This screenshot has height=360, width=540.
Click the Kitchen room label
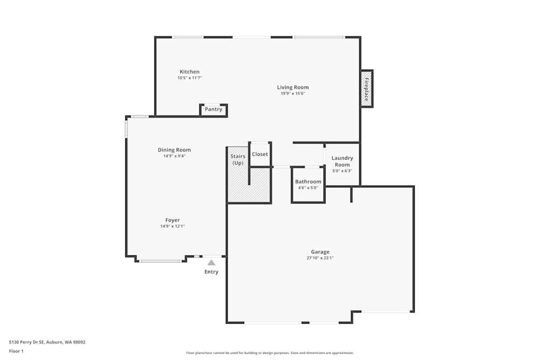tap(190, 72)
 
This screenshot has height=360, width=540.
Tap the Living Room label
tap(293, 87)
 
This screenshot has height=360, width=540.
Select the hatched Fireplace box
tap(367, 89)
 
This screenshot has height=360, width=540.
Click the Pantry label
tap(214, 110)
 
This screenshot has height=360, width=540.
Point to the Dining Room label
tap(174, 150)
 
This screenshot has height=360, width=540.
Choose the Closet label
tap(260, 154)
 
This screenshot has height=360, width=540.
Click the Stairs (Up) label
tap(238, 160)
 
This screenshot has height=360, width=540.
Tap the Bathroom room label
tap(308, 182)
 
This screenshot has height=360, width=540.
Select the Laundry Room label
tap(342, 161)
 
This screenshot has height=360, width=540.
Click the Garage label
tap(320, 252)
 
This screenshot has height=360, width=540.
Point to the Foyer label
tap(172, 220)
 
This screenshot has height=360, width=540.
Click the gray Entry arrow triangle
tap(212, 263)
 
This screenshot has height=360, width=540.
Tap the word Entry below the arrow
tap(211, 272)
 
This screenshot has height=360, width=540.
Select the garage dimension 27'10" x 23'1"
tap(320, 258)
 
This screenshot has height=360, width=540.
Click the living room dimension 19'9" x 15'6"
tap(293, 93)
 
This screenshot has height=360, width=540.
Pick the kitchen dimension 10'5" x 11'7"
tap(190, 78)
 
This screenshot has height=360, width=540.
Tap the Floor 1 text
tap(16, 351)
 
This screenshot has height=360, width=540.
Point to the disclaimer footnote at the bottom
tap(270, 353)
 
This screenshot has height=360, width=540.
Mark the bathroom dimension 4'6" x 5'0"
tap(308, 188)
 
